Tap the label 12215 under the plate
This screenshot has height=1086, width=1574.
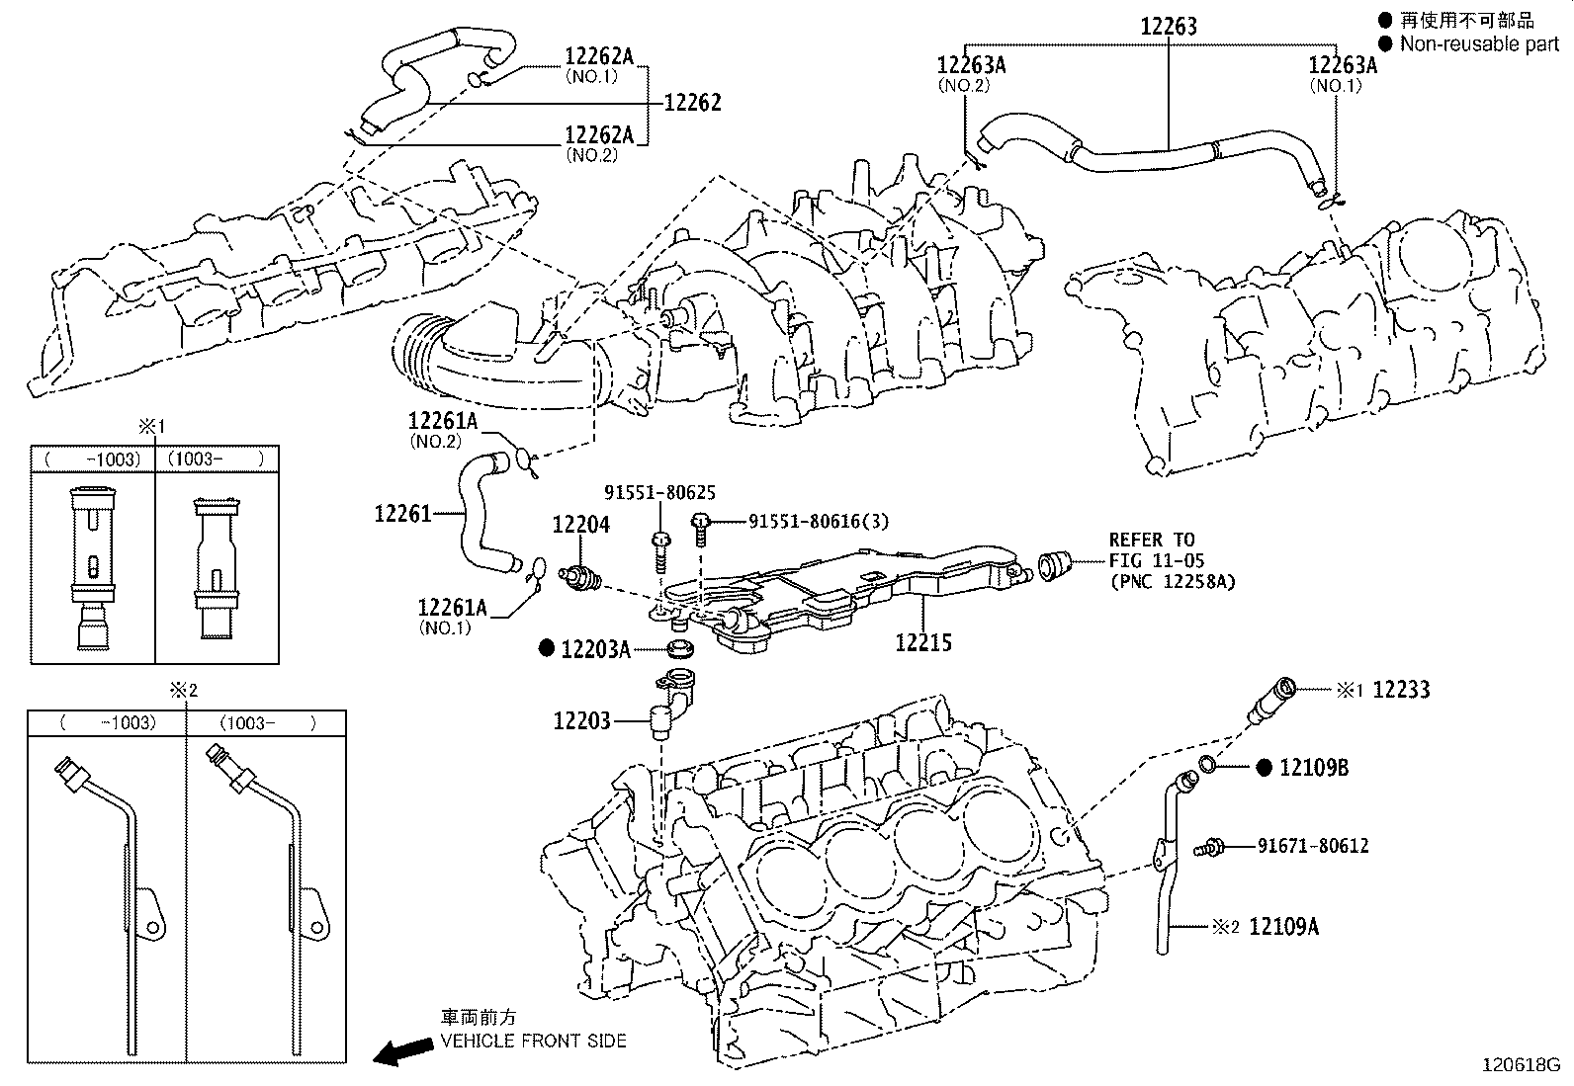(x=923, y=643)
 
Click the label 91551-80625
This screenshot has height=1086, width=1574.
(x=659, y=493)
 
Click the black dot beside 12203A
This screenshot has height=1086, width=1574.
(x=547, y=649)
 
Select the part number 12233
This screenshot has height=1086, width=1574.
(x=1401, y=690)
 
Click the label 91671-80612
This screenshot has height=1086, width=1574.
(x=1313, y=846)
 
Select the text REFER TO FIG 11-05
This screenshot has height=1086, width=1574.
(x=1157, y=550)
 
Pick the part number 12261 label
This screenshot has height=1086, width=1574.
(x=402, y=514)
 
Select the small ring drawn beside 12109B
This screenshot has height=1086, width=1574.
(x=1209, y=763)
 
